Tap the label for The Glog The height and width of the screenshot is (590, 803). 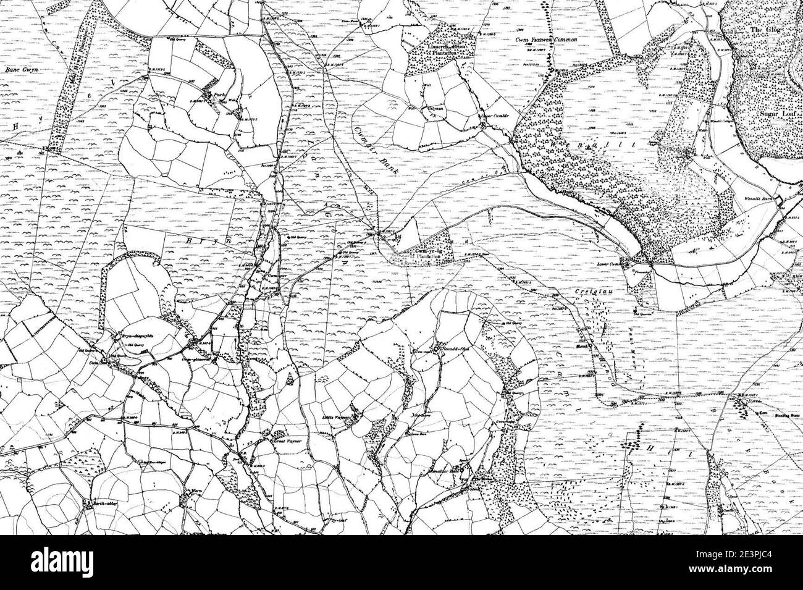(767, 30)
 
